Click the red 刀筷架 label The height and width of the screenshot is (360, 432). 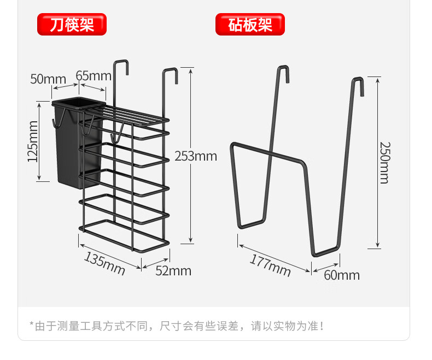(72, 25)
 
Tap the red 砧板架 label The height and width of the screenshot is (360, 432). (250, 25)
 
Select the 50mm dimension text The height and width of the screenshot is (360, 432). (48, 79)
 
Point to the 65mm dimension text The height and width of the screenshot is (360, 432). (93, 75)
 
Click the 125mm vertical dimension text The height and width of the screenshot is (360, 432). (32, 141)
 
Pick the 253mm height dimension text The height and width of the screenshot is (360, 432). (196, 157)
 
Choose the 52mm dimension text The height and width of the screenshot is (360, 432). (174, 270)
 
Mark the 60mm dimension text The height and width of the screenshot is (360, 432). (342, 275)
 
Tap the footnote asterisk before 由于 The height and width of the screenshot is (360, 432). (32, 326)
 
